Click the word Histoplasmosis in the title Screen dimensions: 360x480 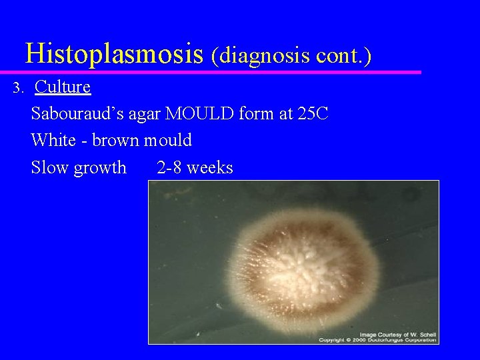click(x=114, y=52)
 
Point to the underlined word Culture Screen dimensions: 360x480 click(x=63, y=87)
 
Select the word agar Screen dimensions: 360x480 click(x=144, y=115)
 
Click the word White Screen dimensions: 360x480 click(x=53, y=140)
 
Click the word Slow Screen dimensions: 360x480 click(x=50, y=167)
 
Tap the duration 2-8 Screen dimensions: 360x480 click(x=169, y=167)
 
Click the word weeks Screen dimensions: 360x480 click(x=210, y=167)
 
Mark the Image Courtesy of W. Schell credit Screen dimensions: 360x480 click(x=397, y=333)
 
